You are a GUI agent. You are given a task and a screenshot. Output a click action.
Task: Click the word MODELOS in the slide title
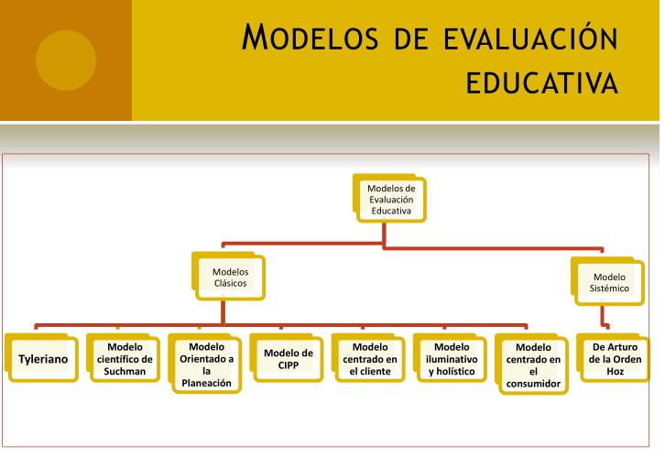coord(310,38)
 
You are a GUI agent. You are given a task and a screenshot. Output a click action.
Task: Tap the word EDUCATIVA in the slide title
coord(541,82)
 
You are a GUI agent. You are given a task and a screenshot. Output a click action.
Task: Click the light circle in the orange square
coord(66,60)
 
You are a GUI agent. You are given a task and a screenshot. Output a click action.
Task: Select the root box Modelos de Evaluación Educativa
coord(390,199)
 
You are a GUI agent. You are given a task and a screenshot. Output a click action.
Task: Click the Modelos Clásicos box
coord(229,277)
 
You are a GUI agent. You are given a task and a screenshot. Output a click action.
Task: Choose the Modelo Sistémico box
coord(607,281)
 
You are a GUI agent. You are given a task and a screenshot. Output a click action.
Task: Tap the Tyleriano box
coord(41,358)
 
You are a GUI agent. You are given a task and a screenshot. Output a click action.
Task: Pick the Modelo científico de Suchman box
coord(124,358)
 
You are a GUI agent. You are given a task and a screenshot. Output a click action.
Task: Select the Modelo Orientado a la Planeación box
coord(205,364)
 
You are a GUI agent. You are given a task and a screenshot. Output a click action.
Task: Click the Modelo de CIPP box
coord(287,358)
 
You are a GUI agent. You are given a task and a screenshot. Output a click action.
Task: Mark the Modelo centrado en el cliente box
coord(368,358)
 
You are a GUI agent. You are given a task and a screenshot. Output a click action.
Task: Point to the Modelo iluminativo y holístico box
coord(451,358)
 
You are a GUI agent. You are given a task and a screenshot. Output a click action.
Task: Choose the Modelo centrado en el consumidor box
coord(532,365)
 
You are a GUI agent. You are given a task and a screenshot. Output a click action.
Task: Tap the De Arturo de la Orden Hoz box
coord(614,358)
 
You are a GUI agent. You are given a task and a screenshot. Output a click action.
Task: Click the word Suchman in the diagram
coord(125,371)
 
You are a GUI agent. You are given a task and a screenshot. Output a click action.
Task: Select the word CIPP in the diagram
coord(289,365)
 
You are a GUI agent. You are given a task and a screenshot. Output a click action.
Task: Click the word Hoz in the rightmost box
coord(615,372)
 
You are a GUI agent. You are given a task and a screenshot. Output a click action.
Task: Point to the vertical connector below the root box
coord(384,235)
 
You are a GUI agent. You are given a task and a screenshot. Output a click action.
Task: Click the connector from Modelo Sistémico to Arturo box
coord(603,316)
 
